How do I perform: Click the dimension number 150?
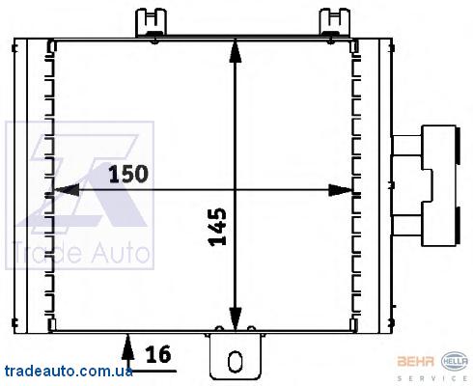click(x=128, y=174)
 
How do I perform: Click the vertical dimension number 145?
click(x=218, y=227)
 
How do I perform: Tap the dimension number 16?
click(x=158, y=354)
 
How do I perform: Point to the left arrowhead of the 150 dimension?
click(x=67, y=190)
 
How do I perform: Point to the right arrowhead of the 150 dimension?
click(x=341, y=190)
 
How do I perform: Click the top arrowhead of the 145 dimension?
click(x=236, y=51)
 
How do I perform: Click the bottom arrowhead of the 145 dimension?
click(x=236, y=318)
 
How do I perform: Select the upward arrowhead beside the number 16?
click(x=128, y=346)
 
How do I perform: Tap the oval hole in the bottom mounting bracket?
click(x=235, y=361)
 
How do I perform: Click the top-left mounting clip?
click(x=152, y=22)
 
